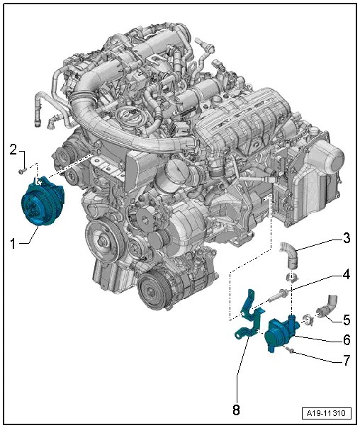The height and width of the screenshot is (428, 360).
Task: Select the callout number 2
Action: coord(13,149)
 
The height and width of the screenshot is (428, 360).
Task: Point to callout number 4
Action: coord(346,274)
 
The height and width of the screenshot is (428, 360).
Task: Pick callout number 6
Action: coord(346,339)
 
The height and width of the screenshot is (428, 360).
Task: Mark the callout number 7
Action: coord(346,360)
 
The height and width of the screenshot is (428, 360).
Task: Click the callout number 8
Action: coord(237,410)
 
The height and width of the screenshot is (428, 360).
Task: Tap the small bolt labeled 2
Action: coord(22,170)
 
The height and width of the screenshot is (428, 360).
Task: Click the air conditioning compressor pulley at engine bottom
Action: coord(152,290)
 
